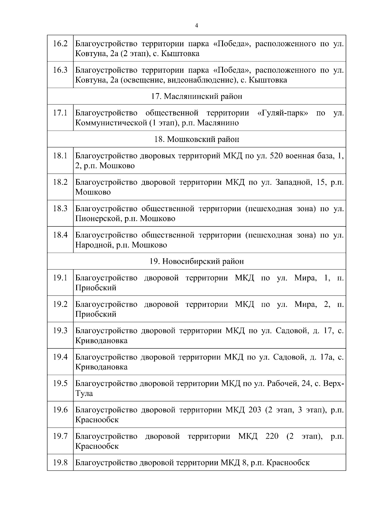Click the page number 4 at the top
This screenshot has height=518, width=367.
[x=196, y=26]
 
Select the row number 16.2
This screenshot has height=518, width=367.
[x=60, y=44]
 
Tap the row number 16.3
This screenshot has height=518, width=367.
[x=60, y=70]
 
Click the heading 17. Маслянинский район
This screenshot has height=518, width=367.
[x=197, y=96]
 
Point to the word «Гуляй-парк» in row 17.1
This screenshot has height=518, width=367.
[x=283, y=113]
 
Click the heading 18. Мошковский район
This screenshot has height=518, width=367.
[x=197, y=139]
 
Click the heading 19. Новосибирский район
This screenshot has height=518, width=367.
[x=197, y=262]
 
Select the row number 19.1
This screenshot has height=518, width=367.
[x=60, y=278]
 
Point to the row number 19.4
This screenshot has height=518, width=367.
[x=60, y=357]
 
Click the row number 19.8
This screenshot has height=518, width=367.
[x=60, y=463]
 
